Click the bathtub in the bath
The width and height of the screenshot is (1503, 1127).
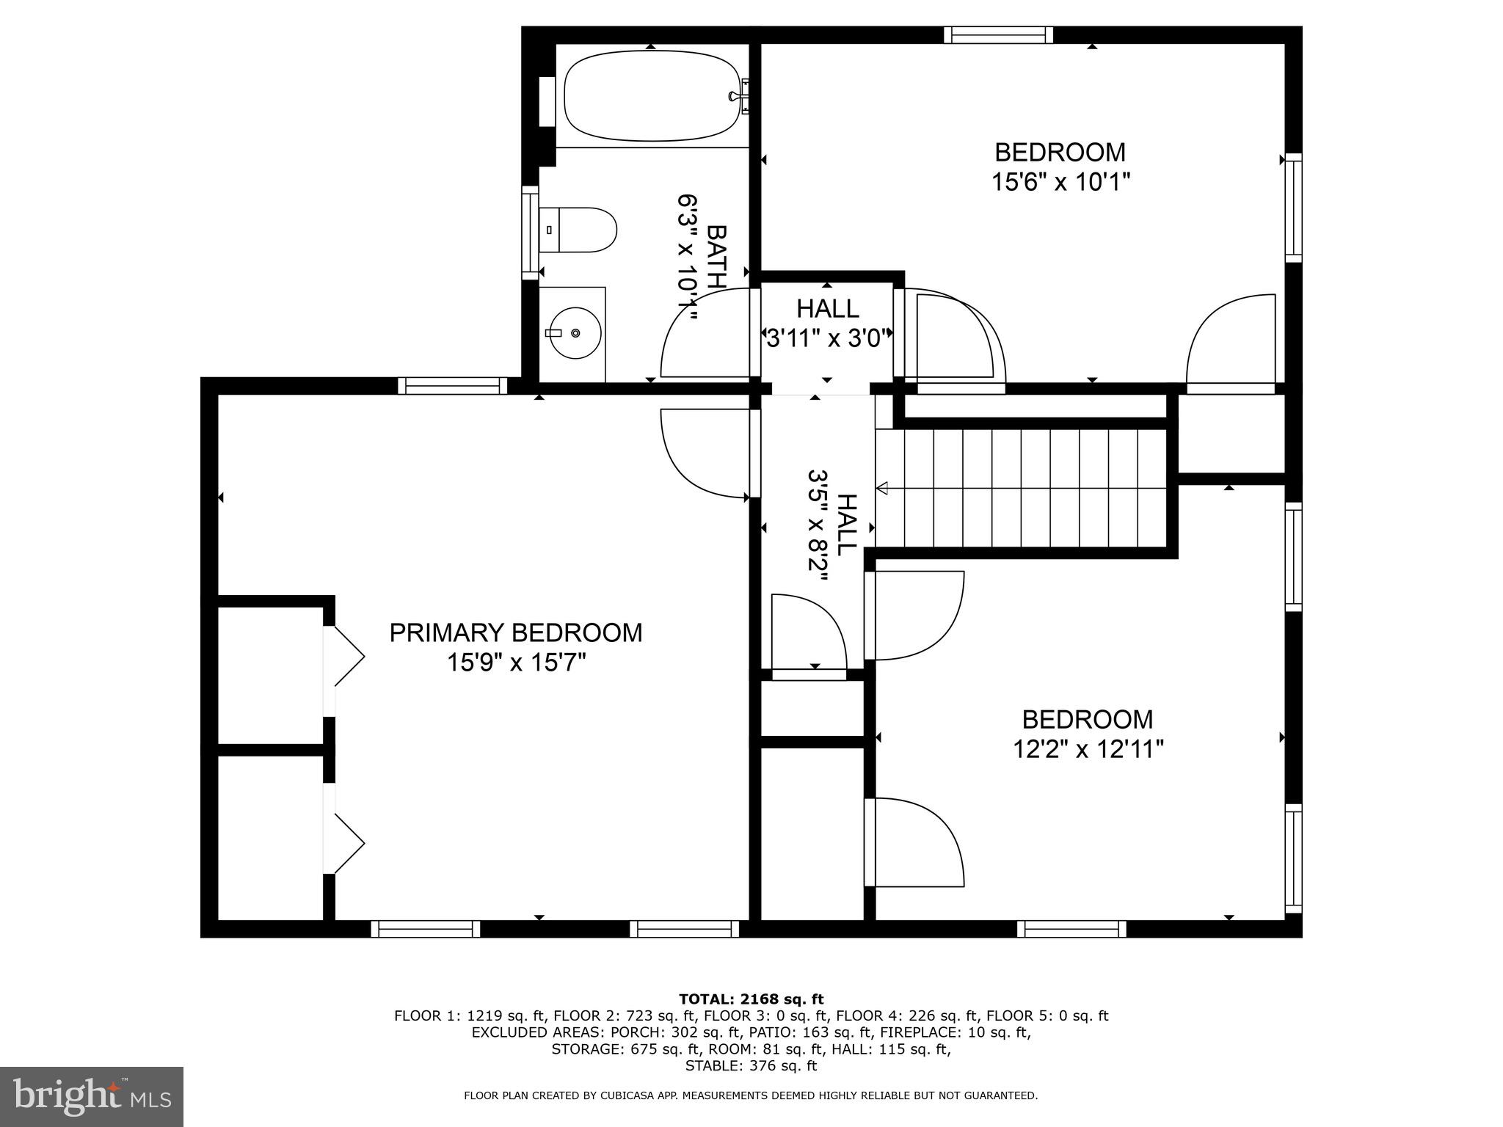pyautogui.click(x=650, y=95)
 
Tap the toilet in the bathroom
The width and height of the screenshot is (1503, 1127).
pyautogui.click(x=580, y=230)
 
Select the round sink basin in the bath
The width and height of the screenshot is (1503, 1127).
pyautogui.click(x=575, y=333)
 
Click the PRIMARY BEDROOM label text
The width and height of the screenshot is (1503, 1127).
pyautogui.click(x=515, y=632)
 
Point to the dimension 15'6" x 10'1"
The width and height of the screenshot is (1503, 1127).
pyautogui.click(x=1060, y=182)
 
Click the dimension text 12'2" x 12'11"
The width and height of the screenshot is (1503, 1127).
pyautogui.click(x=1088, y=749)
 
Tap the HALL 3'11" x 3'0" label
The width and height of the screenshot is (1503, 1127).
pyautogui.click(x=828, y=323)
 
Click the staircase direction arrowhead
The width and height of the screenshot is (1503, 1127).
pyautogui.click(x=882, y=488)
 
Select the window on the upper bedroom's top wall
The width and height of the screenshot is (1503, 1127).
pyautogui.click(x=998, y=34)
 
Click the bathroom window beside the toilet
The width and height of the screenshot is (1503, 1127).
pyautogui.click(x=530, y=233)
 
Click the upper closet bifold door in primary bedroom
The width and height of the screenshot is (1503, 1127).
pyautogui.click(x=346, y=657)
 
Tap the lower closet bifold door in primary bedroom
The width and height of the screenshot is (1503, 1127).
pyautogui.click(x=346, y=844)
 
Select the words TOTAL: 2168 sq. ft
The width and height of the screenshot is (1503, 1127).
pyautogui.click(x=751, y=999)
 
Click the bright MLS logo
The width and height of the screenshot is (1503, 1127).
pyautogui.click(x=92, y=1096)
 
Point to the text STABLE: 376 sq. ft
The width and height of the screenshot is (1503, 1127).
pyautogui.click(x=751, y=1066)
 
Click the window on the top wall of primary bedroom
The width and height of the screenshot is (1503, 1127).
pyautogui.click(x=453, y=386)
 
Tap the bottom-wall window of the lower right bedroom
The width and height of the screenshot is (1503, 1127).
pyautogui.click(x=1071, y=929)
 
